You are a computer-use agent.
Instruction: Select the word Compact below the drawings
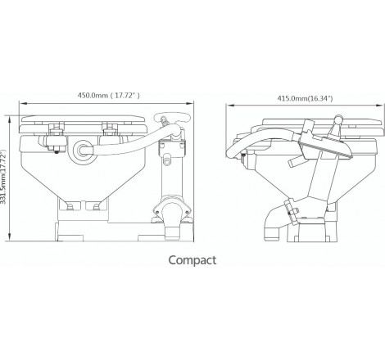click(192, 261)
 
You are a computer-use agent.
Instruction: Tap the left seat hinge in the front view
click(57, 130)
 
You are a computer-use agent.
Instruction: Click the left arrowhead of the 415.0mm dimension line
click(230, 106)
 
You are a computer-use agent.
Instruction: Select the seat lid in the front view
click(86, 118)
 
